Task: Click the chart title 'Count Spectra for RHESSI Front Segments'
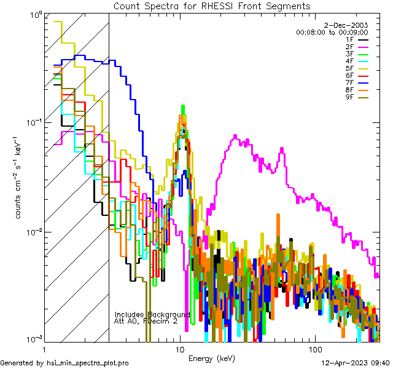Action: [212, 6]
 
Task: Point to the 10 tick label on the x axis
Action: [179, 349]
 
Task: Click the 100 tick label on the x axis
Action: [314, 349]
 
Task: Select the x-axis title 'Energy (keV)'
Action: [212, 358]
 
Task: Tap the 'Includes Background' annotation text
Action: [152, 314]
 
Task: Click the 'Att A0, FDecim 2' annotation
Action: [146, 321]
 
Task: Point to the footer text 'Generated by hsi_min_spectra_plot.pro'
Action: [64, 363]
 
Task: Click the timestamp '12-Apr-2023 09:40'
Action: [356, 363]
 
